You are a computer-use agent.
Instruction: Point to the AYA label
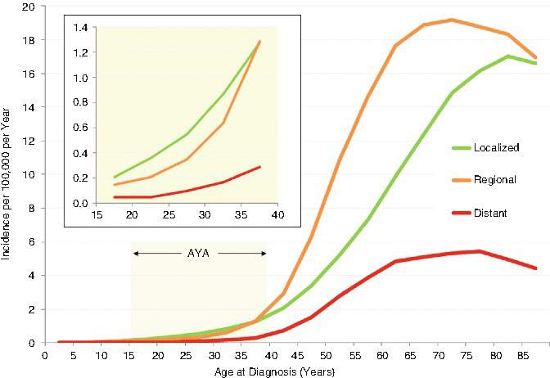[x=200, y=254]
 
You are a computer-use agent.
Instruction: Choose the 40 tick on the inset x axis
[x=277, y=215]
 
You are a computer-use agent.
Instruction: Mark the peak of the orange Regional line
[x=452, y=20]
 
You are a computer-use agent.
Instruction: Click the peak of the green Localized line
[x=508, y=56]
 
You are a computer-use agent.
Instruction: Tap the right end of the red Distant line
[x=536, y=268]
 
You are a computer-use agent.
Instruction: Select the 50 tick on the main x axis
[x=326, y=356]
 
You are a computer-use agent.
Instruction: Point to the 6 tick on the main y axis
[x=32, y=242]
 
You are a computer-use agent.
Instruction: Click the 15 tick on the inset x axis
[x=96, y=215]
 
